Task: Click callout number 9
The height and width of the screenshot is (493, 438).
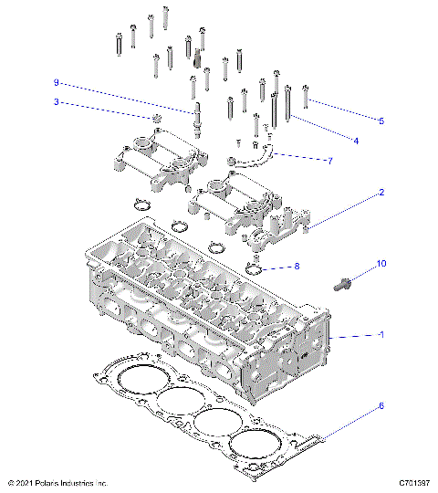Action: (x=56, y=82)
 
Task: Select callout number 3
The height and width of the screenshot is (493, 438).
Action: (x=56, y=101)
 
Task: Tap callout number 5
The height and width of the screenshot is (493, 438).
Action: (x=381, y=121)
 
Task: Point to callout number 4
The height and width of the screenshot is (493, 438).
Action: (x=356, y=141)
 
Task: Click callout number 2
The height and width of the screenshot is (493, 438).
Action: (x=381, y=193)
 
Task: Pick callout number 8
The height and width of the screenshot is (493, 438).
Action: (x=296, y=267)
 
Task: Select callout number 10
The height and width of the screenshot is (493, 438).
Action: (x=381, y=264)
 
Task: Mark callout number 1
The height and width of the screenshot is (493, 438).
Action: (x=381, y=335)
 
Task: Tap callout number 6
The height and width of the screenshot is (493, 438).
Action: (x=381, y=405)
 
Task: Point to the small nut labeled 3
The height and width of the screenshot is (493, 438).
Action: (x=158, y=119)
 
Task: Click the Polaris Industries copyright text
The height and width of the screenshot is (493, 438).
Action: (x=57, y=482)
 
